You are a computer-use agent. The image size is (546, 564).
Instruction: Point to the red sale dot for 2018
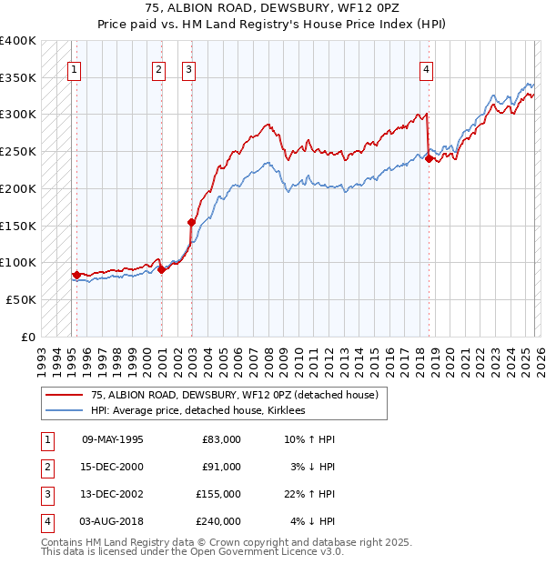pos(429,158)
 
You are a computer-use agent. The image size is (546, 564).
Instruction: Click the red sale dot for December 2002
pos(191,221)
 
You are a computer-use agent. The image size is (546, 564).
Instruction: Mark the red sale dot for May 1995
pos(76,274)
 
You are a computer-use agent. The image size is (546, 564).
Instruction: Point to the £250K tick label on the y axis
pos(18,152)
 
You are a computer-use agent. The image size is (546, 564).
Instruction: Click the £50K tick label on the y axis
pos(22,299)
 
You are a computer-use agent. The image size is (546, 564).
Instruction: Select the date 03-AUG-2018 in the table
pos(112,521)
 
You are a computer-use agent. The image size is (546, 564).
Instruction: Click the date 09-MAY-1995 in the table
pos(112,439)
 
